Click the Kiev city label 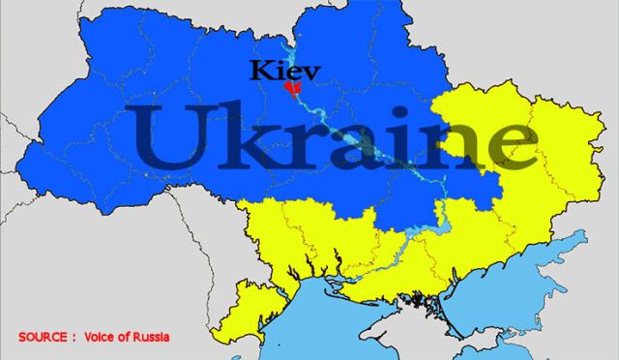point(284,70)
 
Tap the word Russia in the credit point(151,337)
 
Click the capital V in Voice point(90,337)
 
